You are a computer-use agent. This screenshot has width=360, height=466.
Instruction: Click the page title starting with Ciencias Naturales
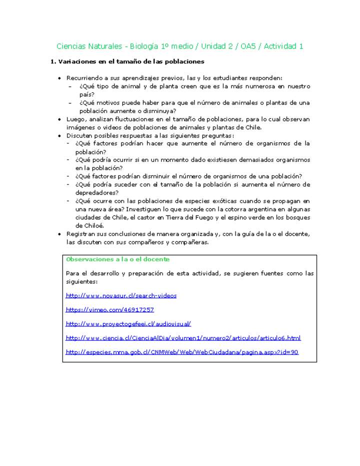point(179,46)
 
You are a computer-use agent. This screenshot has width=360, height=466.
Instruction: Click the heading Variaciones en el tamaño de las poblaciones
point(127,61)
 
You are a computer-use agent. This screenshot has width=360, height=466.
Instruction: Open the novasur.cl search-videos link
point(121,295)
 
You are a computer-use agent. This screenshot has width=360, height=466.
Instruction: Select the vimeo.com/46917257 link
point(109,309)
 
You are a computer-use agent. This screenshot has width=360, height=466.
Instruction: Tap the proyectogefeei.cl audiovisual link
point(128,323)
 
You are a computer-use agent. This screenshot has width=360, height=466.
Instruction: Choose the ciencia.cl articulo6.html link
point(183,337)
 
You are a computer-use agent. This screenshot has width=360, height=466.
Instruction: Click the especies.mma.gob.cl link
point(182,351)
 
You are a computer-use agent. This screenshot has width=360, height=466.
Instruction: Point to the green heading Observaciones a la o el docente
point(117,259)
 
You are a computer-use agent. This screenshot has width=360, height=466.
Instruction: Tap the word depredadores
point(96,192)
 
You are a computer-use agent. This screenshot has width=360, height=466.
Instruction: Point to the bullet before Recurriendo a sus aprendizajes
point(60,78)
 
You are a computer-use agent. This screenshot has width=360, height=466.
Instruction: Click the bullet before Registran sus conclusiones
point(60,234)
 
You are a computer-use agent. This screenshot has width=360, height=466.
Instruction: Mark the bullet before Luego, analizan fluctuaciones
point(60,119)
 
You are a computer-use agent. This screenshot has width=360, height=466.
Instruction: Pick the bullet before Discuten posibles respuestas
point(60,135)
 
